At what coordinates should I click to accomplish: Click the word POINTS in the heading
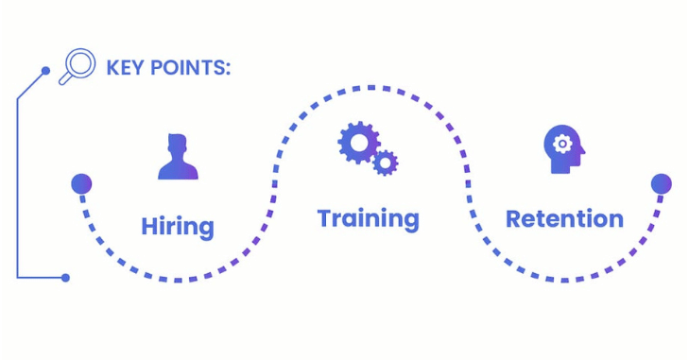pos(187,68)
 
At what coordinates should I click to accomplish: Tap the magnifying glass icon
pos(78,66)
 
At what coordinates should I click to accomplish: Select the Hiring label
pos(178,227)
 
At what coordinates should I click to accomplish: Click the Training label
pos(369,219)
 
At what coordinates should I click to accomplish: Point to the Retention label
pos(564,219)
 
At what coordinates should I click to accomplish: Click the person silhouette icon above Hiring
pos(178,157)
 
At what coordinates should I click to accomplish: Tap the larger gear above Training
pos(358,143)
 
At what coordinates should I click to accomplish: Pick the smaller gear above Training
pos(386,163)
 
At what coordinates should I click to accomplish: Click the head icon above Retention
pos(563,149)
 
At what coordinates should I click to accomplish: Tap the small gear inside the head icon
pos(562,144)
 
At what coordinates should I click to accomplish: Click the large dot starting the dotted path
pos(81,183)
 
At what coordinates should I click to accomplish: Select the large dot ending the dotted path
pos(661,183)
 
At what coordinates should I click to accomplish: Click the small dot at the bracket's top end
pos(45,70)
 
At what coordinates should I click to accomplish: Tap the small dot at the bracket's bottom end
pos(65,278)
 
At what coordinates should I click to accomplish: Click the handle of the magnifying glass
pos(64,79)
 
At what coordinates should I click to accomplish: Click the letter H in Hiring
pos(149,227)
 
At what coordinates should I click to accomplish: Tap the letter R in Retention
pos(515,219)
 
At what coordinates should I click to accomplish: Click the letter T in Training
pos(326,217)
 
